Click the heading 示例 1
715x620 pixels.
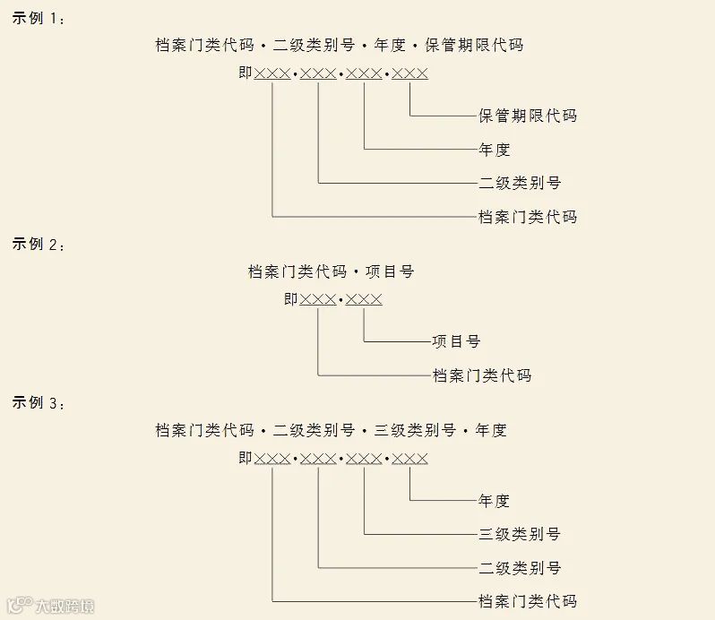38,19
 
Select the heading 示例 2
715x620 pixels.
38,244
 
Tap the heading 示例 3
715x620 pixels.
38,402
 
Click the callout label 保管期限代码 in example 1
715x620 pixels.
528,116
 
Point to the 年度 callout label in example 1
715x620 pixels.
495,150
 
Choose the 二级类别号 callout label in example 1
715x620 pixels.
520,183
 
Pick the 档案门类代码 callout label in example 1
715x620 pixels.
528,217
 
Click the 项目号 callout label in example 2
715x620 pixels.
456,341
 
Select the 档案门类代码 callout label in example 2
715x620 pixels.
482,375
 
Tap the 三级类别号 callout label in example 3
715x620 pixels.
520,534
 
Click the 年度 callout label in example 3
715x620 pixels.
495,501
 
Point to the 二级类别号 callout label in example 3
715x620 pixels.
520,568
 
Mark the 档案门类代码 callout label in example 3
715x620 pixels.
528,601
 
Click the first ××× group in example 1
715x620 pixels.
272,73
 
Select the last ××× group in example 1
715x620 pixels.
410,73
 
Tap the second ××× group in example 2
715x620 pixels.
365,299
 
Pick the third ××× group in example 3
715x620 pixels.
365,459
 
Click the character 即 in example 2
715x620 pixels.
291,299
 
